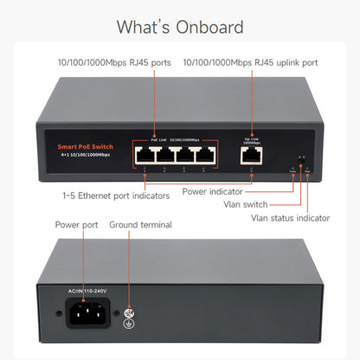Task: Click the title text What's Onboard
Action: (180, 27)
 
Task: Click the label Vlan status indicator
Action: (290, 217)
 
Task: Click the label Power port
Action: (77, 224)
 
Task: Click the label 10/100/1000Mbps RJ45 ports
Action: (107, 61)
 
